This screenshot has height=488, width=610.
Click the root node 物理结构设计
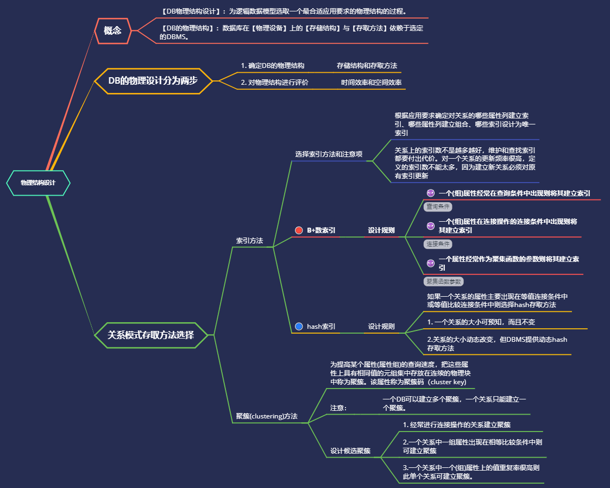point(38,183)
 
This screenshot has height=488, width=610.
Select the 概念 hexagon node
point(112,30)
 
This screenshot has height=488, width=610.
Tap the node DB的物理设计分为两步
point(153,81)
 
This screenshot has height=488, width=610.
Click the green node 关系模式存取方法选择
point(151,335)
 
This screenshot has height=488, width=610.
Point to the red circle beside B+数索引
point(298,230)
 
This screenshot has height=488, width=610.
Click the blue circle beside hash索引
point(298,326)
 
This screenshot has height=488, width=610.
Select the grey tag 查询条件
point(438,207)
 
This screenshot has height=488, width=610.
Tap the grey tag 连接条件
point(438,244)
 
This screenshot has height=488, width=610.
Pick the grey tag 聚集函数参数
point(443,281)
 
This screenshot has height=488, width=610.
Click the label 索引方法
point(249,240)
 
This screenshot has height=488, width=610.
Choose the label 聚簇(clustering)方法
point(267,416)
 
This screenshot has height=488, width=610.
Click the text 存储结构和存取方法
point(367,66)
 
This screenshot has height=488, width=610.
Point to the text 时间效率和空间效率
point(371,82)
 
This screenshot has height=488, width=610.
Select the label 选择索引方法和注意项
point(329,154)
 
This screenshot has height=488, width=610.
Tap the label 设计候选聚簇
point(350,451)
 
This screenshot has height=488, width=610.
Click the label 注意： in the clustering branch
point(338,408)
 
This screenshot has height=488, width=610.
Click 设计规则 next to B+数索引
point(381,230)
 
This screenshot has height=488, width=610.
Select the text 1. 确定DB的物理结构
point(272,66)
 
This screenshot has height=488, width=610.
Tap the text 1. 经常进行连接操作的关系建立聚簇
point(456,424)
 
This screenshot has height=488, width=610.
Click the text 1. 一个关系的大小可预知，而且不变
point(481,322)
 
